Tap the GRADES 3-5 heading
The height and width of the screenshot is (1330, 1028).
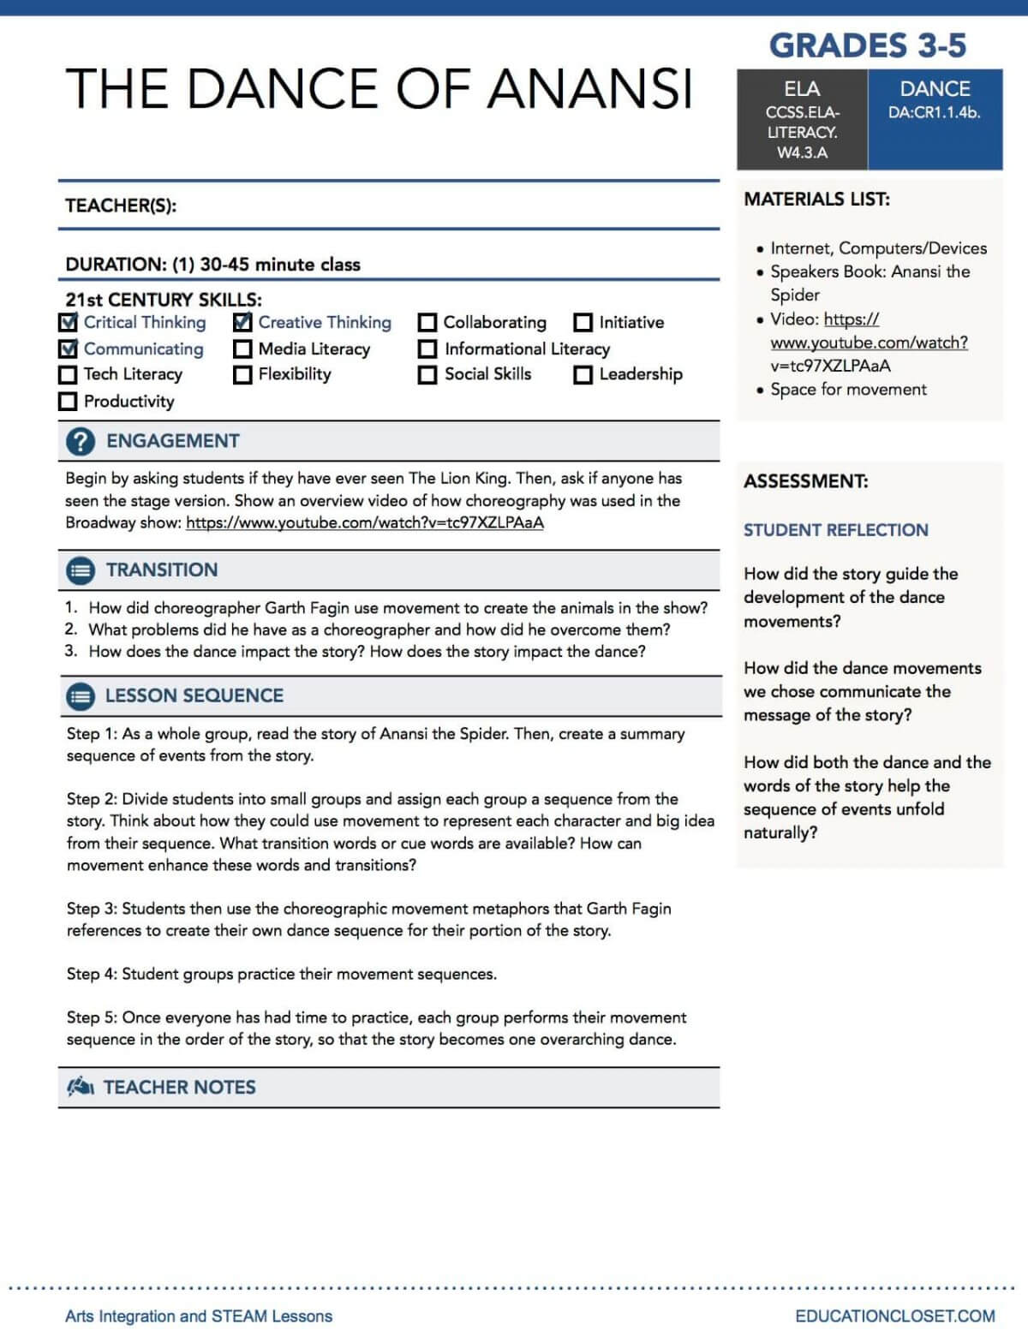point(867,45)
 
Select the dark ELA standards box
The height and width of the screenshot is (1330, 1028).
point(802,120)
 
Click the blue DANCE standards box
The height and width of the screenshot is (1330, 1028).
point(935,120)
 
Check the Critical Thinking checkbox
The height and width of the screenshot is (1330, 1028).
point(69,323)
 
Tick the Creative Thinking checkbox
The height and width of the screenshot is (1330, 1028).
point(242,323)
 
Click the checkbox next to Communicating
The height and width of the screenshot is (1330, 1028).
point(69,349)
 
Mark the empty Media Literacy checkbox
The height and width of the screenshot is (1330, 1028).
point(242,349)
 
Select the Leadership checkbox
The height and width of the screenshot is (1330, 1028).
point(583,374)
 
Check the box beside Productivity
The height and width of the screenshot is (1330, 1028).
point(68,401)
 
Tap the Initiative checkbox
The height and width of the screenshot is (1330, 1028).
point(583,323)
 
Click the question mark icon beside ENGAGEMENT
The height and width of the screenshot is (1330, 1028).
point(81,441)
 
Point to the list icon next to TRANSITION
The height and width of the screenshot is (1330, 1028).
point(81,570)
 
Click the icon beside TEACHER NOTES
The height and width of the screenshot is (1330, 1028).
point(81,1088)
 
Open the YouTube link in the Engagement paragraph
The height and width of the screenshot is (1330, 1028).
point(364,522)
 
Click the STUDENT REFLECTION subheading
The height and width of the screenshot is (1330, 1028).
point(835,530)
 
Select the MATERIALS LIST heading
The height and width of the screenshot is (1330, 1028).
point(816,200)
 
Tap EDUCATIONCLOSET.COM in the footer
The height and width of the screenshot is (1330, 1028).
point(894,1316)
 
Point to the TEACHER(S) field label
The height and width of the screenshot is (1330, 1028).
point(121,206)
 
